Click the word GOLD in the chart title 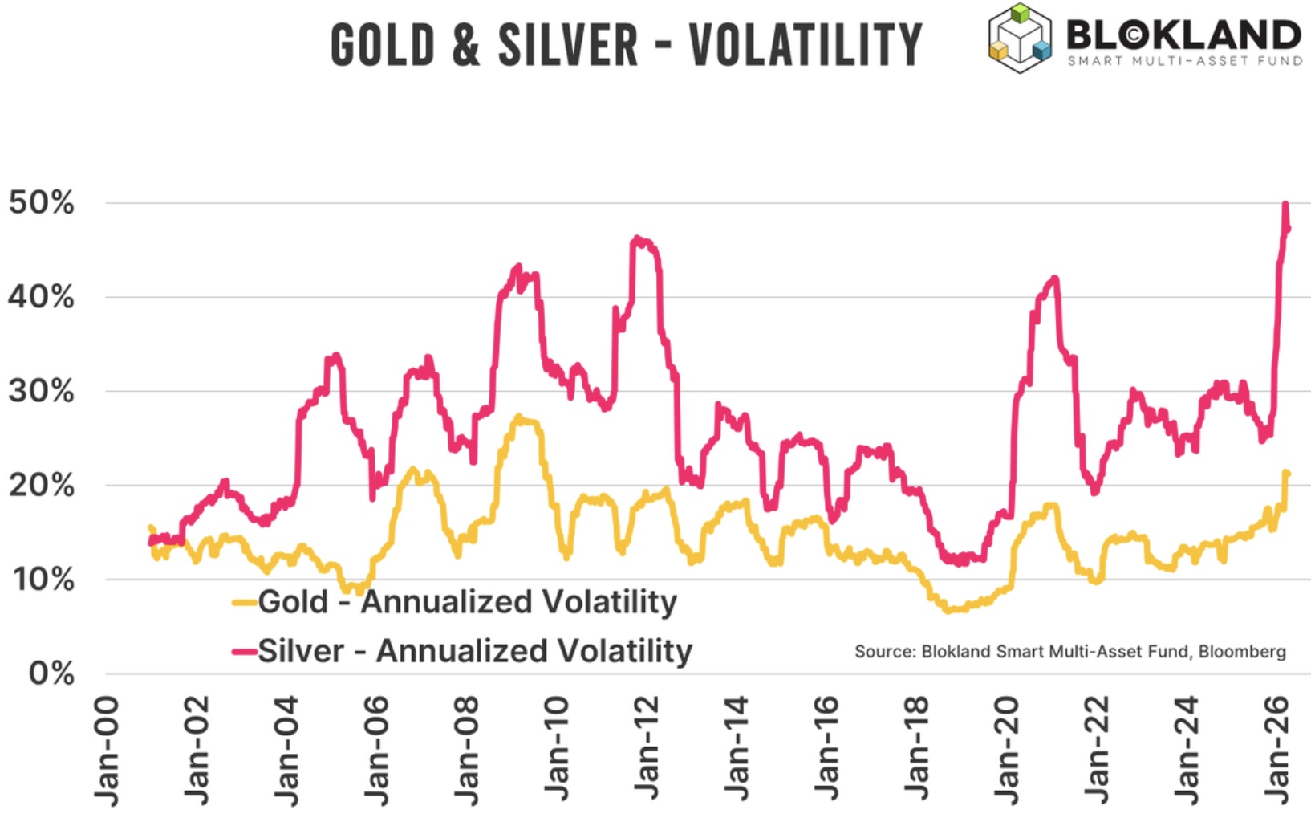pyautogui.click(x=383, y=45)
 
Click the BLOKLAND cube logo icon pyautogui.click(x=1019, y=38)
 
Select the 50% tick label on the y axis pyautogui.click(x=42, y=203)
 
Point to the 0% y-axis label pyautogui.click(x=51, y=673)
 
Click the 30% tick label pyautogui.click(x=42, y=392)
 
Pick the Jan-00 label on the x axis pyautogui.click(x=107, y=751)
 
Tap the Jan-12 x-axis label pyautogui.click(x=646, y=751)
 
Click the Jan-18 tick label pyautogui.click(x=915, y=751)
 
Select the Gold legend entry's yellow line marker pyautogui.click(x=244, y=602)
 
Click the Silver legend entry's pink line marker pyautogui.click(x=244, y=651)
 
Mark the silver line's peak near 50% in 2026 pyautogui.click(x=1285, y=205)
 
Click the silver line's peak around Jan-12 pyautogui.click(x=637, y=238)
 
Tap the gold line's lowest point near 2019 pyautogui.click(x=952, y=610)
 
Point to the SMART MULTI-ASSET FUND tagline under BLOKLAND pyautogui.click(x=1184, y=61)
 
